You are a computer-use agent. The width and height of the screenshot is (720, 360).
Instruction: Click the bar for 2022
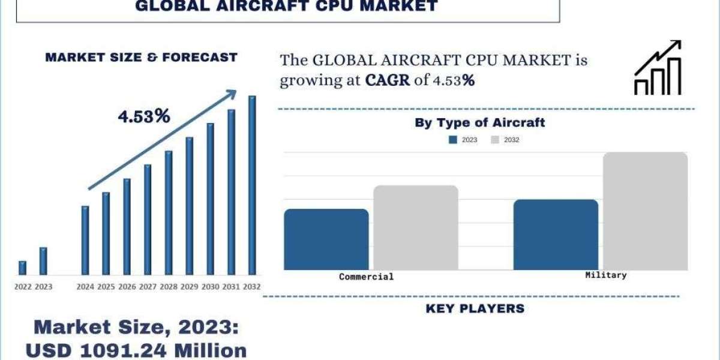click(23, 268)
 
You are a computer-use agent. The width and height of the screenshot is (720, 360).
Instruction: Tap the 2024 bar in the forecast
click(85, 240)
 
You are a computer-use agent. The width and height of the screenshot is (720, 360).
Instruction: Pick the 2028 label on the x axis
click(169, 287)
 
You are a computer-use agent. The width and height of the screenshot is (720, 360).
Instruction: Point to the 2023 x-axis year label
click(43, 287)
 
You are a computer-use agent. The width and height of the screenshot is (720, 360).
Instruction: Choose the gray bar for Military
click(645, 211)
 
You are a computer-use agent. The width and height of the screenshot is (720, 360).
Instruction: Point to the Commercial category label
click(366, 277)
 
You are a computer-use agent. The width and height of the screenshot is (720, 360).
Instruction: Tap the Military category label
click(605, 275)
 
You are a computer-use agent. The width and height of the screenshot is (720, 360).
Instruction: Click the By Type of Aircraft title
click(479, 122)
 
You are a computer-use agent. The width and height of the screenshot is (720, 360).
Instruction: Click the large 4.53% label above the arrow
click(144, 116)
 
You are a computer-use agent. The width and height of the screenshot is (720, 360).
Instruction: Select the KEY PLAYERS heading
click(475, 308)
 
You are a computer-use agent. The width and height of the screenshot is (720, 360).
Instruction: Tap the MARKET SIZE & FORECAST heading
click(142, 58)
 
